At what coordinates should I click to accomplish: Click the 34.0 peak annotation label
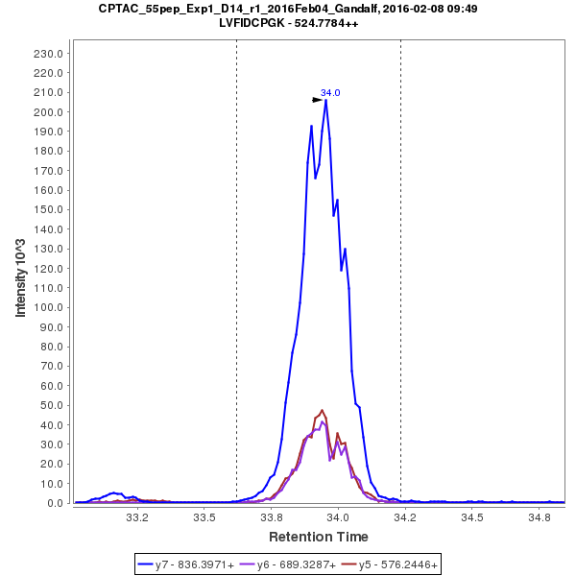[330, 93]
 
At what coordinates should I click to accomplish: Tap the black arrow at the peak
[317, 99]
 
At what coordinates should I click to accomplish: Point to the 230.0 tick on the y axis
[49, 54]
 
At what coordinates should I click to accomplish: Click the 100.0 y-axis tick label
[49, 307]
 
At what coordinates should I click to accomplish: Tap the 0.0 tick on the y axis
[56, 503]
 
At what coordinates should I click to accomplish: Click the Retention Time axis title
[318, 536]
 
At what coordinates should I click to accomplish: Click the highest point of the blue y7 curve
[326, 100]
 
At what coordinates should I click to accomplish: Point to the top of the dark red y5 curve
[323, 410]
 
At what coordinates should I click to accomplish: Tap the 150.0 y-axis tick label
[49, 209]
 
